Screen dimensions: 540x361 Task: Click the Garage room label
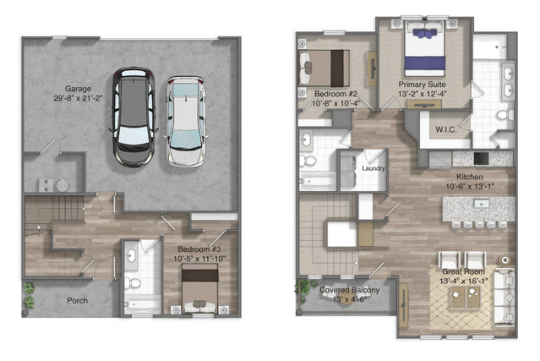click(79, 89)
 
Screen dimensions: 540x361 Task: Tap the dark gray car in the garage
click(134, 118)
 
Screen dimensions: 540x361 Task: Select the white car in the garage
click(185, 122)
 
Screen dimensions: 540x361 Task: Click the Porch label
click(77, 301)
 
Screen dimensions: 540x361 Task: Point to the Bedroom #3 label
click(199, 249)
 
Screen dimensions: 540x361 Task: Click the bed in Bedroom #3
click(199, 289)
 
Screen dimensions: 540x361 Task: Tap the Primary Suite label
click(423, 85)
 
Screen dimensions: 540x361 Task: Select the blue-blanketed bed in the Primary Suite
click(425, 49)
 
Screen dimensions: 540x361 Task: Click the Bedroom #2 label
click(335, 94)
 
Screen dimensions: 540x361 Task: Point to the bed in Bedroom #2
click(324, 68)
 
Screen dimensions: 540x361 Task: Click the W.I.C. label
click(446, 130)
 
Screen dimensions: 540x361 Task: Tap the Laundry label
click(374, 168)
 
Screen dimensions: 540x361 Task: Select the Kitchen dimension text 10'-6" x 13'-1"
click(470, 186)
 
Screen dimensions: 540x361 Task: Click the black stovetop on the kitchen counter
click(481, 159)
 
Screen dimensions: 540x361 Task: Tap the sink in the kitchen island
click(482, 204)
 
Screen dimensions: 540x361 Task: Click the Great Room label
click(463, 271)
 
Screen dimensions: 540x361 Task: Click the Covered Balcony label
click(349, 290)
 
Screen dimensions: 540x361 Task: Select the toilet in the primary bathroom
click(505, 115)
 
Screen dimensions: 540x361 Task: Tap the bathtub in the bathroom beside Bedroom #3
click(143, 304)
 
